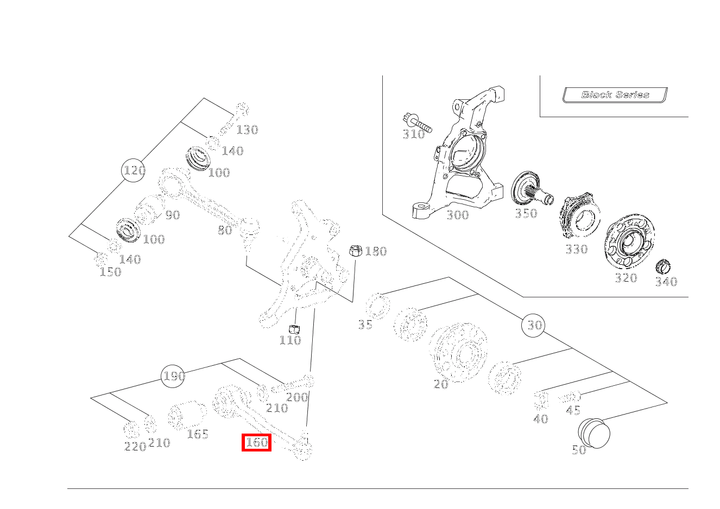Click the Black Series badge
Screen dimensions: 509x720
click(615, 95)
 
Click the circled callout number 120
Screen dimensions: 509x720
click(134, 171)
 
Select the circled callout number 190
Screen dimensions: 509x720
click(173, 376)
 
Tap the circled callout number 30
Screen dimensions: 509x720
click(534, 325)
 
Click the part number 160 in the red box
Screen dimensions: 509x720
click(256, 443)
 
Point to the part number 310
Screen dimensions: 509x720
click(413, 134)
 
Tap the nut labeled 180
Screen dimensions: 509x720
click(355, 251)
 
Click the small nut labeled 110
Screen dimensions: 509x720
click(295, 329)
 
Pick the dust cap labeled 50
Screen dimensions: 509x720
click(594, 433)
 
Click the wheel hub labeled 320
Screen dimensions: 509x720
click(629, 244)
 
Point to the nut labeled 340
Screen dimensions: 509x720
click(663, 266)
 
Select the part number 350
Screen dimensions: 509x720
click(526, 213)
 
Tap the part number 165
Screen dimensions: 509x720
click(198, 434)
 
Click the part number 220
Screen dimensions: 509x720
click(135, 447)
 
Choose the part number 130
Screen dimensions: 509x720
click(247, 130)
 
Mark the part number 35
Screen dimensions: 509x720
click(365, 325)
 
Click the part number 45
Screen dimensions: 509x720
click(573, 410)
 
